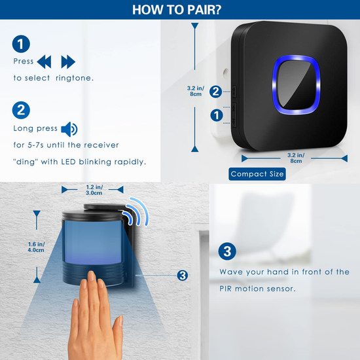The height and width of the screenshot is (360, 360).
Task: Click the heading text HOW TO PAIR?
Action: coord(177,10)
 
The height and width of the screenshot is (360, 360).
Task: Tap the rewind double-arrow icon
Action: coord(44,62)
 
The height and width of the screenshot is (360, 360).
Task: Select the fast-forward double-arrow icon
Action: coord(68,62)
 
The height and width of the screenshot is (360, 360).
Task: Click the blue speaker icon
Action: coord(69,129)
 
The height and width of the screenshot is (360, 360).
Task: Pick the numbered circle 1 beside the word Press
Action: coord(21,44)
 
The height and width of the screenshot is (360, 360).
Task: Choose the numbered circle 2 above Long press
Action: coord(21,110)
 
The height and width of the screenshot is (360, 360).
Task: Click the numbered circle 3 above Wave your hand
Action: coord(227,251)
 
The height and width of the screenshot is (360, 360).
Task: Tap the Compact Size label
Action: coord(257,174)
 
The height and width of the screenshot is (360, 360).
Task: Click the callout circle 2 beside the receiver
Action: coord(215,92)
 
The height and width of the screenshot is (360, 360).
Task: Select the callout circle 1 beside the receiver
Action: coord(217,115)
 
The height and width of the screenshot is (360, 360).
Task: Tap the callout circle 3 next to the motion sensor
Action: coord(183,276)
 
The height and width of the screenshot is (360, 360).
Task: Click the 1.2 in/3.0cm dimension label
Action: coord(94,190)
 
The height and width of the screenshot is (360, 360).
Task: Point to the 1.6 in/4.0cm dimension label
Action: coord(36,247)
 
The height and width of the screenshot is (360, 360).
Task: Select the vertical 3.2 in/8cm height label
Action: coord(196,91)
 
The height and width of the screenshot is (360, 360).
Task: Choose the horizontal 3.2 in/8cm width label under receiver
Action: coord(296,158)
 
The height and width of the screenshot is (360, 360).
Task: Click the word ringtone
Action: coord(75,78)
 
